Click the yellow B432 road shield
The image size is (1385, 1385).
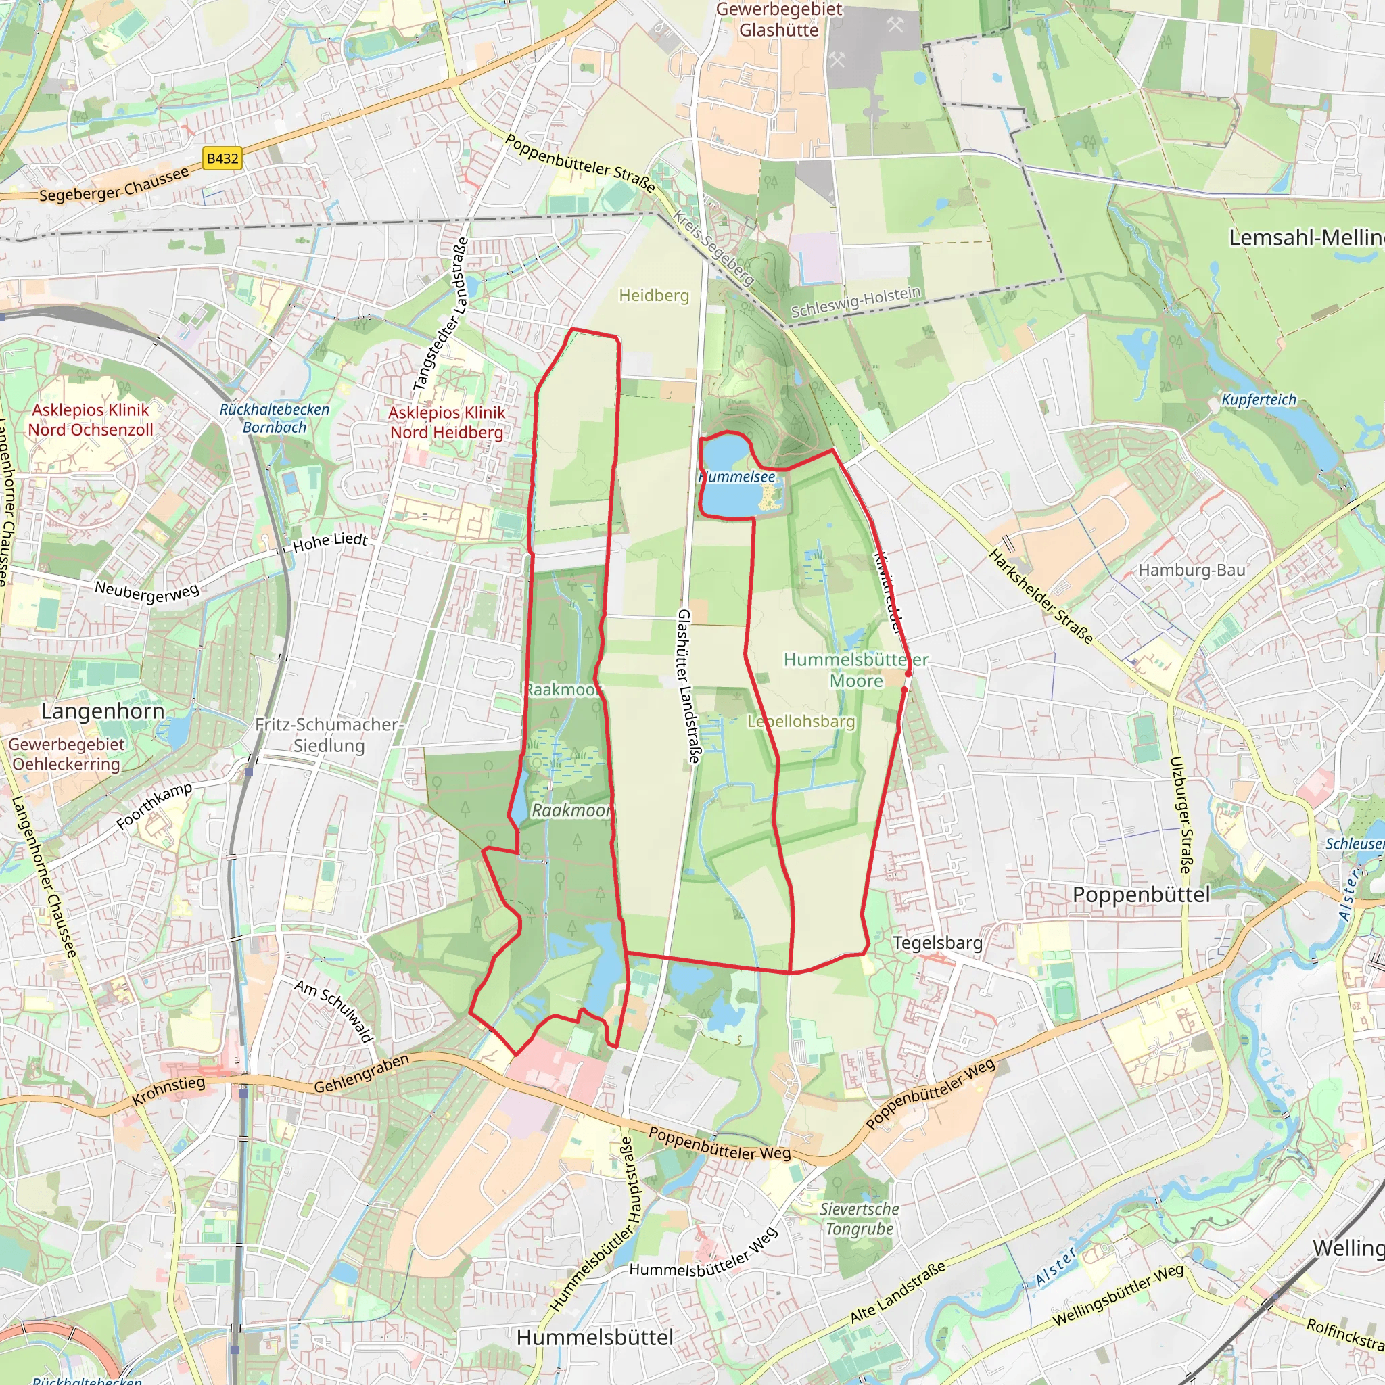point(222,158)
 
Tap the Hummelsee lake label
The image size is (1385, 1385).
point(737,477)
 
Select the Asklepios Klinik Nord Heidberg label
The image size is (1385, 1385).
point(446,422)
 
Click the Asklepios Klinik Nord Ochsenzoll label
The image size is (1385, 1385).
point(91,419)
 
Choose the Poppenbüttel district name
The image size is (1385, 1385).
point(1142,895)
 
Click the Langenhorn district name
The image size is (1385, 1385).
point(103,711)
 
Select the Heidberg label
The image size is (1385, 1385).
point(654,296)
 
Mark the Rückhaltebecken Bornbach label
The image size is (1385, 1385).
point(274,418)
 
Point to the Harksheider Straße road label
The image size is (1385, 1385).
point(1041,596)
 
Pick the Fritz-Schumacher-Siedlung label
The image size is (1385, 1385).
point(329,735)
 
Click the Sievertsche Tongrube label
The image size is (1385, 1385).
point(859,1219)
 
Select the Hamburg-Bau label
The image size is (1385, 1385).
point(1192,570)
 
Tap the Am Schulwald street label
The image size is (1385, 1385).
point(334,1012)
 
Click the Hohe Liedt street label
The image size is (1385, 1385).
point(330,542)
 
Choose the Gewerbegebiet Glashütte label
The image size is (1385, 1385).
point(779,20)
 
